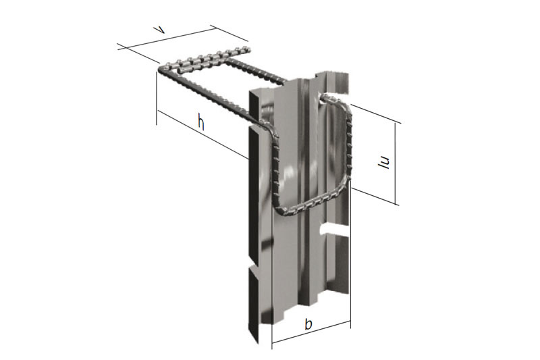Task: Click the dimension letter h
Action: click(200, 122)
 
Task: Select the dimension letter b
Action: click(308, 324)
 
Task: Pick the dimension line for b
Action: click(310, 336)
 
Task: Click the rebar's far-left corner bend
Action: click(163, 68)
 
